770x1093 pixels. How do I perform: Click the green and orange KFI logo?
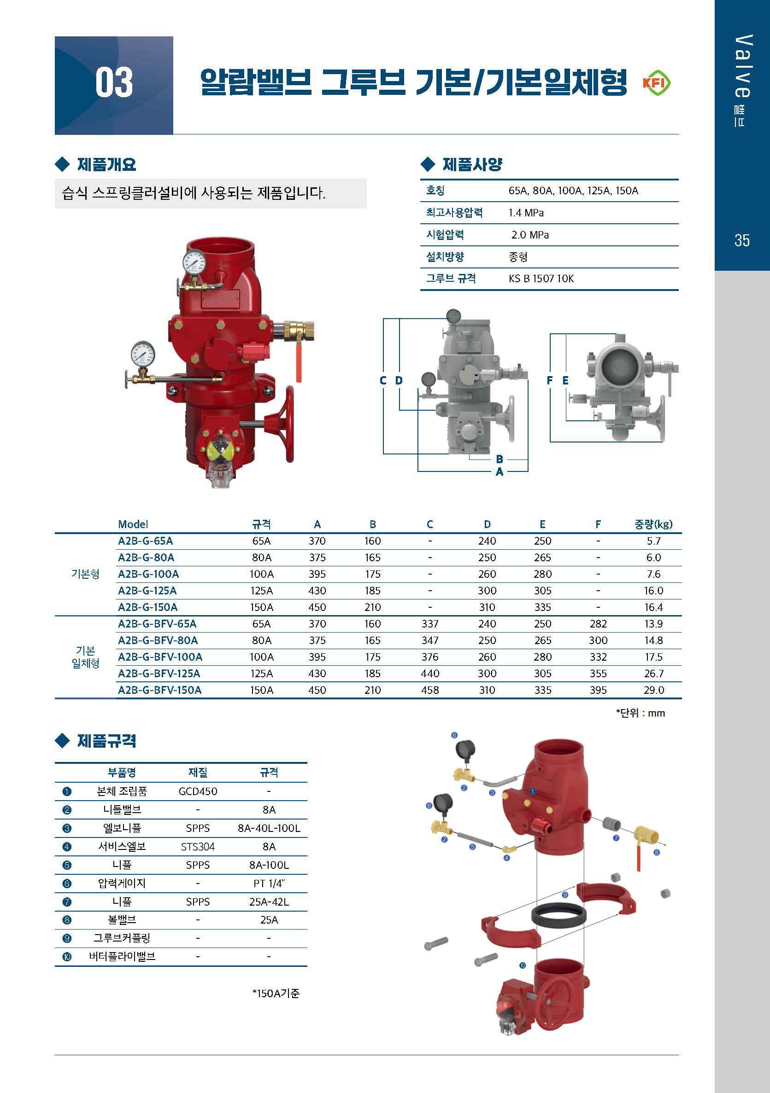[657, 83]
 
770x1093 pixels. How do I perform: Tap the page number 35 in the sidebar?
[742, 240]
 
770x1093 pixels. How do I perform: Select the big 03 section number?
[114, 83]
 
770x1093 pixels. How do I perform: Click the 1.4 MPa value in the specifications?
[526, 213]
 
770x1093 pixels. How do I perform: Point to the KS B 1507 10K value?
[541, 279]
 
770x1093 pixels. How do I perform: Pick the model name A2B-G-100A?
[148, 574]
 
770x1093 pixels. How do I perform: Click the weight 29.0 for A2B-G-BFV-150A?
[654, 690]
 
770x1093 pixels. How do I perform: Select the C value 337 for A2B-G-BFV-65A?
[430, 624]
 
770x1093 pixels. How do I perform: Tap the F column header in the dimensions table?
[598, 524]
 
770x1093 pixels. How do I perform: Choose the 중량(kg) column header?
[653, 524]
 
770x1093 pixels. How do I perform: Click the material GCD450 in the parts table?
[198, 791]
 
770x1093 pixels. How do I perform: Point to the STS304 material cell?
[198, 846]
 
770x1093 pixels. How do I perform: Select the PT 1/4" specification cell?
[269, 883]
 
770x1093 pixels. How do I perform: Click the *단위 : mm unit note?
[641, 713]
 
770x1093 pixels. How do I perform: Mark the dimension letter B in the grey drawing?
[500, 459]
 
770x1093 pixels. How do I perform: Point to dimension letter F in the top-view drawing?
[550, 380]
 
